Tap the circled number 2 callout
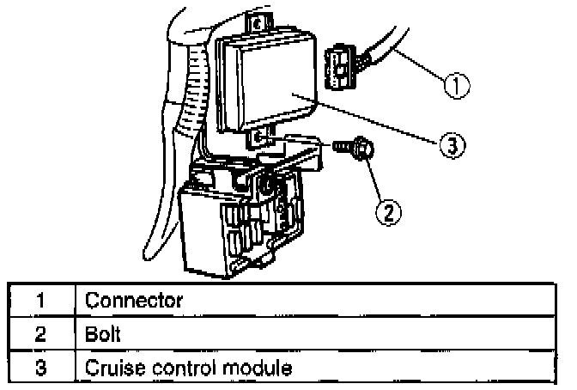(388, 209)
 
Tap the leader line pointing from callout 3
(369, 120)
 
